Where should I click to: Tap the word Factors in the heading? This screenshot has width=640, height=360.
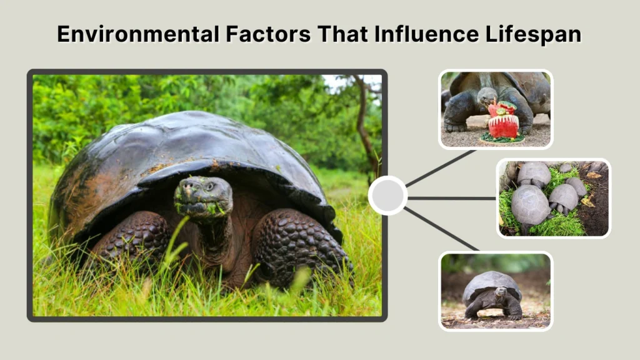(264, 34)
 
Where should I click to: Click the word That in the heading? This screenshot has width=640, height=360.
(341, 34)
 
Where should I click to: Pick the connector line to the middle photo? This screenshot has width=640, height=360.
(451, 198)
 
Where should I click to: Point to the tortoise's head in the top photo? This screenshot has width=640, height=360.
(486, 97)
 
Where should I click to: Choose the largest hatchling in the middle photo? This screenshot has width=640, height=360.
(530, 205)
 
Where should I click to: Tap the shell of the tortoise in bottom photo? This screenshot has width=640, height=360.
(492, 282)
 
